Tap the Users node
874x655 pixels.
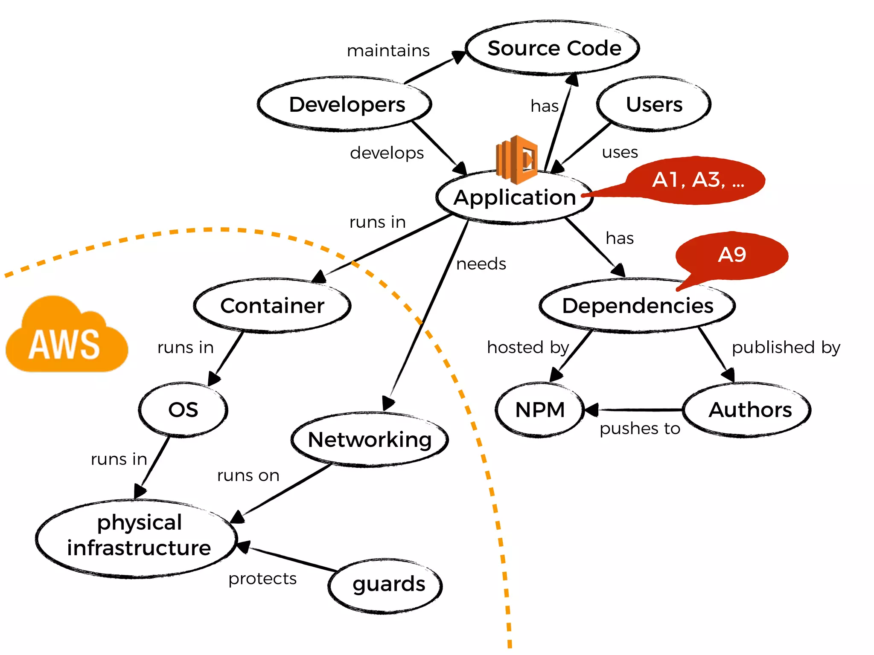coord(653,104)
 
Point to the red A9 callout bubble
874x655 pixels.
coord(732,255)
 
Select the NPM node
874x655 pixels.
coord(540,410)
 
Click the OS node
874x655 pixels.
coord(183,410)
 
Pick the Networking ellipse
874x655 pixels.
coord(370,440)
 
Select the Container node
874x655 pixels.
coord(272,306)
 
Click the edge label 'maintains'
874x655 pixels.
coord(388,51)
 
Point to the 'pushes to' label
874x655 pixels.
coord(639,429)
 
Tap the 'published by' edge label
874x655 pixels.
coord(786,348)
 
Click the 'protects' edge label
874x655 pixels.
coord(262,579)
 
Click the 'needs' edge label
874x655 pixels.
coord(481,264)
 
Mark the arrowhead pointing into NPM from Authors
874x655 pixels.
coord(591,410)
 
